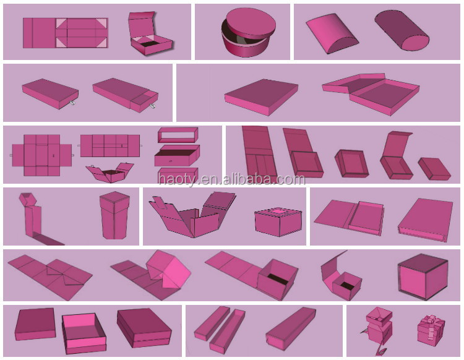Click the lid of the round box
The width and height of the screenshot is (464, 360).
251,23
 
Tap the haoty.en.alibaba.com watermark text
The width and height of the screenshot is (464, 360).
231,179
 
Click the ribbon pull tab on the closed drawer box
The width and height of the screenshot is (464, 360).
72,103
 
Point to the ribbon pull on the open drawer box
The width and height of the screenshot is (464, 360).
152,106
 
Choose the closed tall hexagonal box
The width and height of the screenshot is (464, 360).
114,215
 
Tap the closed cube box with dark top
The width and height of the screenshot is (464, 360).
423,276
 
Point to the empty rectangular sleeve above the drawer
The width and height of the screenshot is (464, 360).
178,135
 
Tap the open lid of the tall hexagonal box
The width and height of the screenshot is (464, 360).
28,199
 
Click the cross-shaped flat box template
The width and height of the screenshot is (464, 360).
41,155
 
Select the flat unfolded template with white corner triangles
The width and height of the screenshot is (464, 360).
66,33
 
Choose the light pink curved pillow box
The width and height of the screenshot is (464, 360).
332,33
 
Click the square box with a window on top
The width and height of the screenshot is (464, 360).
278,221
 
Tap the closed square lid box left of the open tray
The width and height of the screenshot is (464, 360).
35,324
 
